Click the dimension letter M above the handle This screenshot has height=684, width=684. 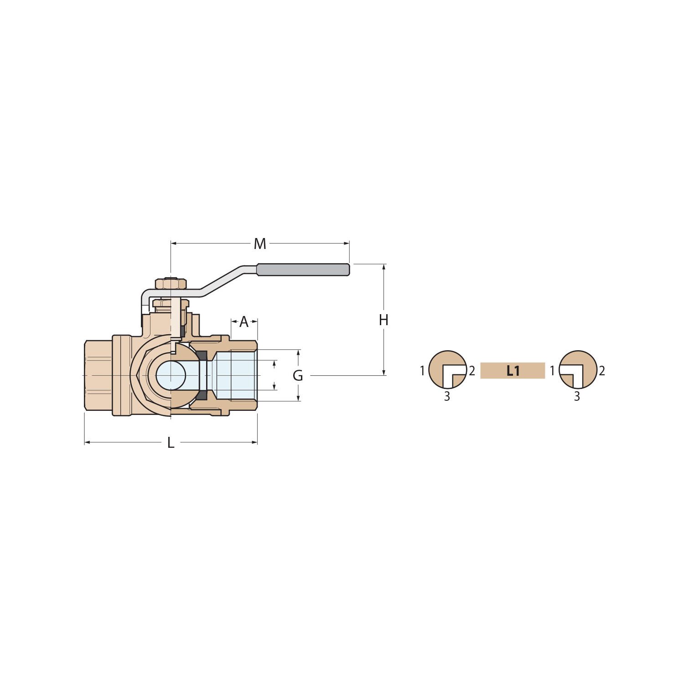tap(260, 244)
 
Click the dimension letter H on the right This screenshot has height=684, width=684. tap(383, 320)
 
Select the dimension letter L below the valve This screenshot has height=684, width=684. tap(171, 443)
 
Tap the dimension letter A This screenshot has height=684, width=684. tap(244, 322)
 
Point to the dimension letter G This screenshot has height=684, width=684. tap(298, 376)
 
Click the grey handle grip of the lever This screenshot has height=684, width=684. tap(303, 269)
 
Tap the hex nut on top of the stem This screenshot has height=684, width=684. tap(171, 284)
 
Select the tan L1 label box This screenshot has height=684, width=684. tap(513, 371)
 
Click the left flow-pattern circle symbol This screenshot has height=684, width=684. tap(448, 370)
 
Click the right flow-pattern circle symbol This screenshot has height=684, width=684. tap(578, 370)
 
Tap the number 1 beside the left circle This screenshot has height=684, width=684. tap(422, 371)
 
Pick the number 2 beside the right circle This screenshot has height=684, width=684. tap(602, 371)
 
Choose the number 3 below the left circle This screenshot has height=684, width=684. tap(447, 397)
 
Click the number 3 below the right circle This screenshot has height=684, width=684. tap(577, 397)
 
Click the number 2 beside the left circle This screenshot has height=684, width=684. tap(472, 371)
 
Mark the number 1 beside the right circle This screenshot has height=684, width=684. tap(552, 371)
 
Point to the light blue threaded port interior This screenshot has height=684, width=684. tap(235, 375)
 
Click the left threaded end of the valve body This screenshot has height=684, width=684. tap(98, 375)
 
